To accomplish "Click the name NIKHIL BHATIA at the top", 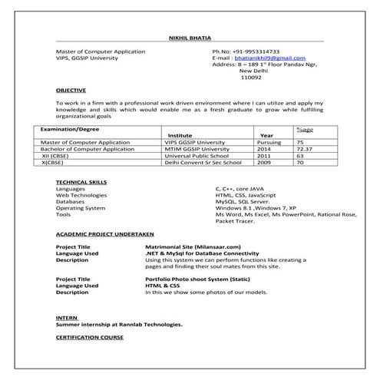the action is (189, 38).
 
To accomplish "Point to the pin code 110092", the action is (251, 78).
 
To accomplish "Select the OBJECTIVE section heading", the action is (71, 90).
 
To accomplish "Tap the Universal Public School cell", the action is (196, 156).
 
